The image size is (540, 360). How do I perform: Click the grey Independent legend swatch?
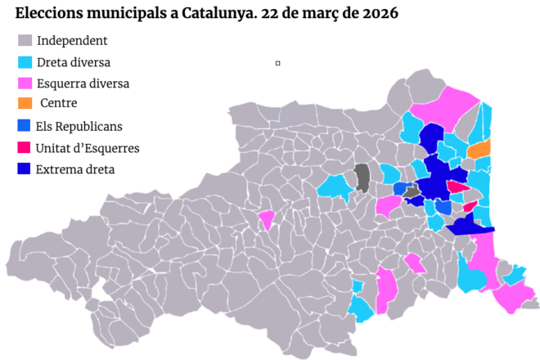tap(25, 41)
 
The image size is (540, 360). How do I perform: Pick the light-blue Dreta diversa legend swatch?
tap(25, 62)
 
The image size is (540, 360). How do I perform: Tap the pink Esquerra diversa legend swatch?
tap(25, 83)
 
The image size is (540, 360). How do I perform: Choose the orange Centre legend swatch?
tap(25, 104)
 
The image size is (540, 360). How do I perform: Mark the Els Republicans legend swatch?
tap(25, 126)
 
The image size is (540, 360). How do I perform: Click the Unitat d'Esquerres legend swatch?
tap(25, 147)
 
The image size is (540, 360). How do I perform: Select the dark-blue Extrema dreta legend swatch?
tap(25, 169)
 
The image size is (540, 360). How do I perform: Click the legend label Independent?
tap(72, 41)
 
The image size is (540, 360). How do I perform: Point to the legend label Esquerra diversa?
tap(83, 83)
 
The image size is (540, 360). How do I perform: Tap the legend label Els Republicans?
tap(79, 126)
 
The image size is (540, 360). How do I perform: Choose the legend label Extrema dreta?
tap(75, 169)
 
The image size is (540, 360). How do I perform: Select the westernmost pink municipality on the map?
tap(266, 219)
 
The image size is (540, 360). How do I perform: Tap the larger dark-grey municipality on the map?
tap(362, 177)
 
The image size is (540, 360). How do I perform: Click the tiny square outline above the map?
tap(278, 62)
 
